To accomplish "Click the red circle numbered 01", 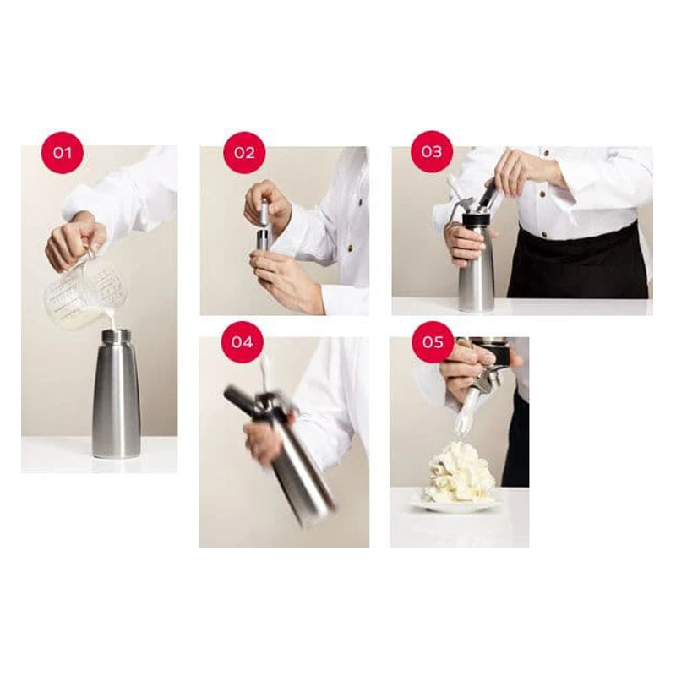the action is (62, 153).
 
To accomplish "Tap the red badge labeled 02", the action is (244, 153).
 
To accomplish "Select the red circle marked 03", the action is (432, 152).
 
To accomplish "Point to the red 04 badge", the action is (243, 342).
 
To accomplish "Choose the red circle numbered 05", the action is (433, 342).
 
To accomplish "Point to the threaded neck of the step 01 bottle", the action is (116, 334).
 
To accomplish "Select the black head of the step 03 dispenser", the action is (477, 220).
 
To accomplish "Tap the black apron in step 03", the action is (579, 264).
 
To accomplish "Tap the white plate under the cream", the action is (456, 505).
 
